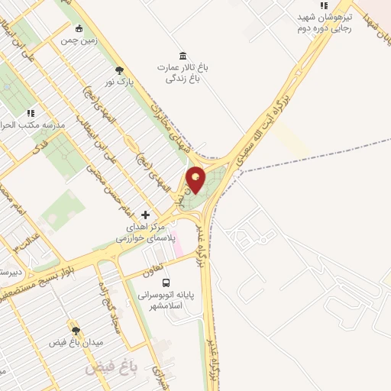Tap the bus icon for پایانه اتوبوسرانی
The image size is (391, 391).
[x=166, y=282]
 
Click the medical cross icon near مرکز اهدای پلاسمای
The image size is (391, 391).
[x=145, y=215]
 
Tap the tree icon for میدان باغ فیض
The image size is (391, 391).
[x=76, y=330]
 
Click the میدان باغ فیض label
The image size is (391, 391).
[x=76, y=343]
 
